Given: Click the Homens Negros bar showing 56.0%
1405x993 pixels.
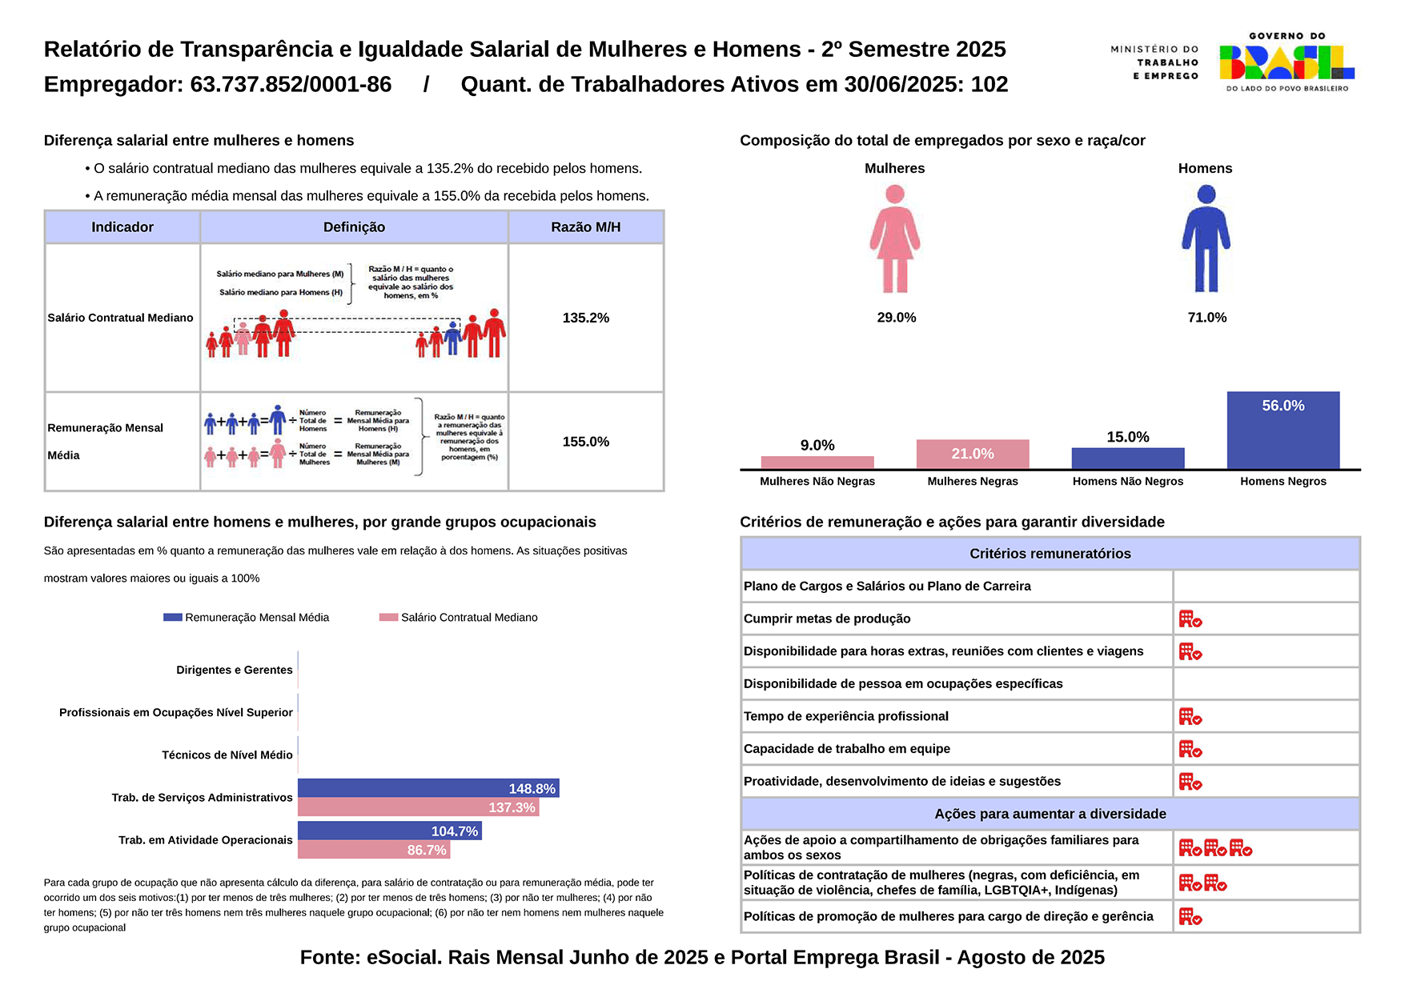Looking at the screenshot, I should point(1283,430).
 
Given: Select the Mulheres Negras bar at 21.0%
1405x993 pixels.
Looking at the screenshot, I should point(972,454).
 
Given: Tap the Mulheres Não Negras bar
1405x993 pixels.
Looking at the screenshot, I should point(817,462).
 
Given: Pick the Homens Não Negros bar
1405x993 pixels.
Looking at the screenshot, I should point(1127,458).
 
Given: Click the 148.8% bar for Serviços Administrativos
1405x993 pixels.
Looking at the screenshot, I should point(428,788).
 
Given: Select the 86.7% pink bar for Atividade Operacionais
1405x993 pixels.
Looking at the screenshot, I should point(373,850).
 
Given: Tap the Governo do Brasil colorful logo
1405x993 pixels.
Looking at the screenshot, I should point(1286,62).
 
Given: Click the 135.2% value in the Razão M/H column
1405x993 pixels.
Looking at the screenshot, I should point(585,318).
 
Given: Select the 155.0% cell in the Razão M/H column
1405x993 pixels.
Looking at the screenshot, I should point(585,442).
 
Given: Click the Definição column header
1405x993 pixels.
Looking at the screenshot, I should point(354,227).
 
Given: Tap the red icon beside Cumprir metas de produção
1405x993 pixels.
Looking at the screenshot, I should point(1190,619).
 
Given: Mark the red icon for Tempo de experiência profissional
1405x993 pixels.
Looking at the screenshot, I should point(1190,717).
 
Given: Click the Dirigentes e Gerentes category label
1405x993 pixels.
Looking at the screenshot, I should point(234,670).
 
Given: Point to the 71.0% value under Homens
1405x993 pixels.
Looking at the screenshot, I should point(1206,318).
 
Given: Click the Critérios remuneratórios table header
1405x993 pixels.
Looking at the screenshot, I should point(1050,554).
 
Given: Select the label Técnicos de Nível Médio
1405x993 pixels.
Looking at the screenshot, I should point(227,755).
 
